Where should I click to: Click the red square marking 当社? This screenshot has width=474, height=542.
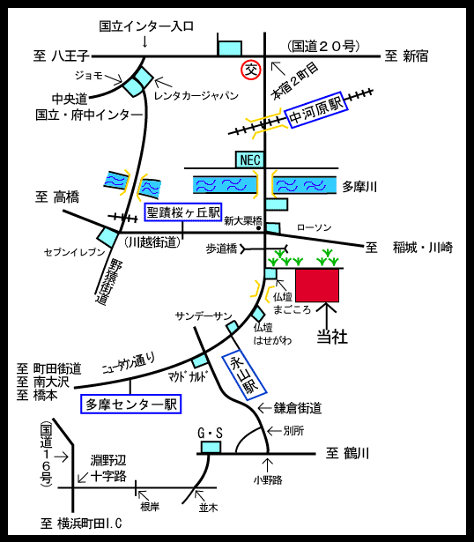click(317, 286)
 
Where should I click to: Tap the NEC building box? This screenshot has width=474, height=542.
click(250, 160)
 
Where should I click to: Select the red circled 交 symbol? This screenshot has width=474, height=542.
click(251, 71)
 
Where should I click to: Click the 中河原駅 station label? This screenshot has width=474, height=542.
click(315, 110)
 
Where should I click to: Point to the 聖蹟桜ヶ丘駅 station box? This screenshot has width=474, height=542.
click(182, 212)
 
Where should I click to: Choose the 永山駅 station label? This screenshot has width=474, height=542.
click(244, 375)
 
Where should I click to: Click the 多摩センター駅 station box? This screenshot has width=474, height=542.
click(131, 405)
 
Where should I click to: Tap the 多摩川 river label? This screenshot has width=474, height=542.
click(359, 187)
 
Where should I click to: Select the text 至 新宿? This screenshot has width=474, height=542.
click(407, 56)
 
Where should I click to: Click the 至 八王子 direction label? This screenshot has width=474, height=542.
click(61, 56)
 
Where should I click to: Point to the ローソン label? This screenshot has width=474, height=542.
click(314, 227)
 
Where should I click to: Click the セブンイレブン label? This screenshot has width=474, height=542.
click(74, 252)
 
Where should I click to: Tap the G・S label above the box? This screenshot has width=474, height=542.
click(210, 433)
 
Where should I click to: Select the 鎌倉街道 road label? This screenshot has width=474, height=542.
click(298, 408)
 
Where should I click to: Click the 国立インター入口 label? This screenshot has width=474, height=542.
click(146, 26)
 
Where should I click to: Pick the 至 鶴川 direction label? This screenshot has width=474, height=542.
click(347, 453)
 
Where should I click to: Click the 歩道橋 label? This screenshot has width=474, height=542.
click(221, 249)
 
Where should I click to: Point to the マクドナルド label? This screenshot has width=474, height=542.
click(189, 376)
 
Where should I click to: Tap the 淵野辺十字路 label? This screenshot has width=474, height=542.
click(108, 468)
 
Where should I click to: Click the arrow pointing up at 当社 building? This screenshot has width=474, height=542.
click(326, 314)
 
